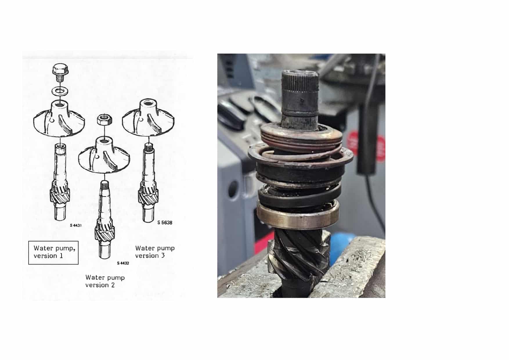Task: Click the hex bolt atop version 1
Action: coord(60,73)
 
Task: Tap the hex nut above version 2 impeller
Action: coord(104,119)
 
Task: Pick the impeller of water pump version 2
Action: coord(104,155)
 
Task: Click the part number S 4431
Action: coord(76,225)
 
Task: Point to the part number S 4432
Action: coord(123,263)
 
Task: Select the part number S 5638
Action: coord(165,223)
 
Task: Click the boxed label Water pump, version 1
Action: coord(53,252)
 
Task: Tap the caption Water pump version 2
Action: coord(105,281)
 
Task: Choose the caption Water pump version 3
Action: coord(155,252)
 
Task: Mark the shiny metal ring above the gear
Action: coord(298,215)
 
